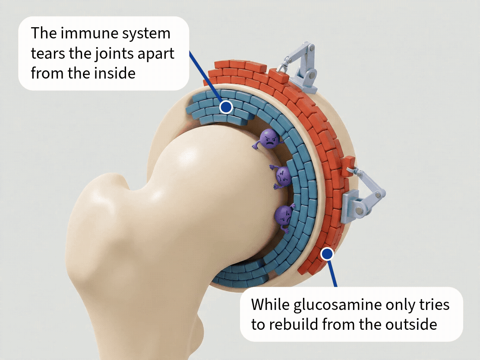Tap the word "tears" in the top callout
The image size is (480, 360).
(x=48, y=54)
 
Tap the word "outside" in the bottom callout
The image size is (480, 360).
(x=411, y=325)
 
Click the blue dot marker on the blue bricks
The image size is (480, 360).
(x=226, y=107)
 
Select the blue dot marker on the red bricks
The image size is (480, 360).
(x=327, y=254)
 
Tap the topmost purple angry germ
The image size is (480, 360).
(x=268, y=139)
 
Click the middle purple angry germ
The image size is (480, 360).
(x=281, y=177)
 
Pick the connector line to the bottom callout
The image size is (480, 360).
(x=332, y=272)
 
